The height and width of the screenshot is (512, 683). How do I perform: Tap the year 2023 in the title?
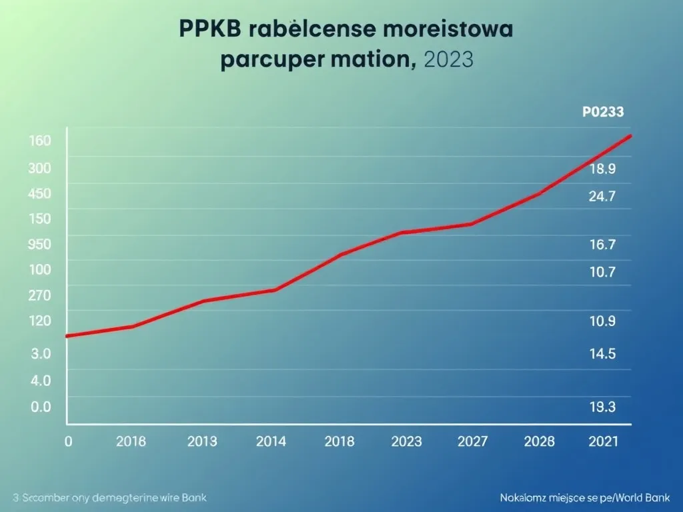click(448, 60)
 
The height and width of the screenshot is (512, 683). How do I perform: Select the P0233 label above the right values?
click(603, 112)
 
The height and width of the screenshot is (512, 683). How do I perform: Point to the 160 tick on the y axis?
click(40, 141)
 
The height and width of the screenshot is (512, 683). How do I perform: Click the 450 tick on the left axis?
click(40, 194)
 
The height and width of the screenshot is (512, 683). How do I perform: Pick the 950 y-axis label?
click(40, 244)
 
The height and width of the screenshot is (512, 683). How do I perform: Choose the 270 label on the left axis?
click(40, 295)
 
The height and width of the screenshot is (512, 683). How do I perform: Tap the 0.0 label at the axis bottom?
click(41, 407)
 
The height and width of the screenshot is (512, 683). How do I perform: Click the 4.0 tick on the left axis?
click(41, 381)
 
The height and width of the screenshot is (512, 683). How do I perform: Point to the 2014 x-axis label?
click(271, 441)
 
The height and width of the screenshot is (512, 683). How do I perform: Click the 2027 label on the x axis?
click(472, 441)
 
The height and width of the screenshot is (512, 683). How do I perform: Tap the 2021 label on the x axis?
click(604, 441)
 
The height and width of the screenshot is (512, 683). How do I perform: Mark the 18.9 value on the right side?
click(602, 169)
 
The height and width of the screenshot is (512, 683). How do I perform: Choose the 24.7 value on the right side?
click(602, 196)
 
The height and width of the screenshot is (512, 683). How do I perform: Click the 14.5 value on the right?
click(602, 354)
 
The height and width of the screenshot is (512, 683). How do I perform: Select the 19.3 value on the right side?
click(602, 407)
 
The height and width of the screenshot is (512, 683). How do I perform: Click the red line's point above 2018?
click(340, 255)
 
